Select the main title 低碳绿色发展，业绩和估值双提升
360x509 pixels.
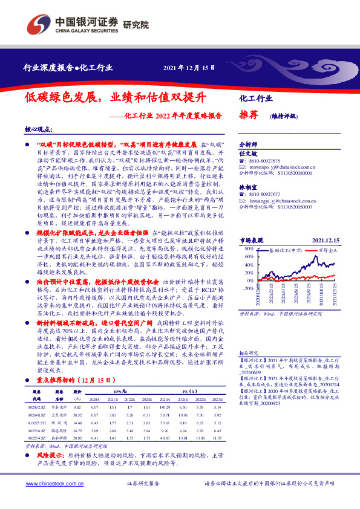[x=116, y=97]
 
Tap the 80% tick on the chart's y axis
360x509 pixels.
[x=247, y=248]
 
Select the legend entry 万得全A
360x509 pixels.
[x=326, y=248]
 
